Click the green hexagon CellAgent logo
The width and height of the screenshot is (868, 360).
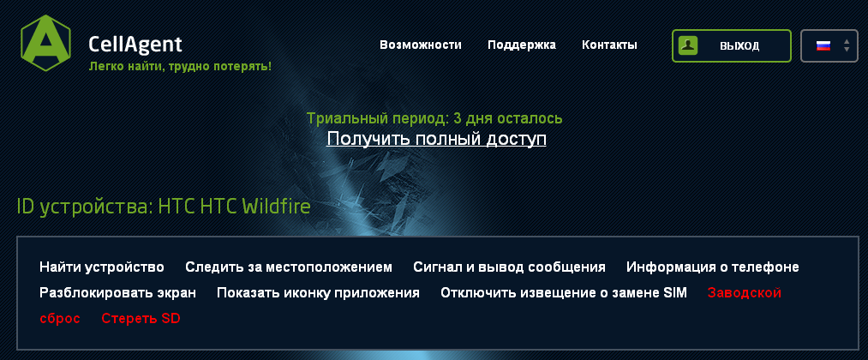(45, 43)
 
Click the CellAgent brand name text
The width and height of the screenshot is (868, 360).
(135, 45)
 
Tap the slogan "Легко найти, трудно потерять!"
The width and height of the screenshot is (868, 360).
(180, 67)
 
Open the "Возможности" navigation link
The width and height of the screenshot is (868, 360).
(420, 45)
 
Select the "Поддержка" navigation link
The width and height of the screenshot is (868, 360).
(522, 45)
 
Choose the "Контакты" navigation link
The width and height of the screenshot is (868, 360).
(609, 45)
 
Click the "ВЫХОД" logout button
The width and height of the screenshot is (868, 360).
(731, 45)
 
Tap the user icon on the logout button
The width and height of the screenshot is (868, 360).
(688, 45)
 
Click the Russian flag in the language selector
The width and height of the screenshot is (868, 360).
(823, 45)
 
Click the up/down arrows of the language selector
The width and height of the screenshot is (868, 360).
(847, 45)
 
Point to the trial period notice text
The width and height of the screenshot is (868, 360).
(434, 118)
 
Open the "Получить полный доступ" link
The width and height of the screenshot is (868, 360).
(436, 139)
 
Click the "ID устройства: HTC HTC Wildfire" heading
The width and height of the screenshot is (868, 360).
(164, 207)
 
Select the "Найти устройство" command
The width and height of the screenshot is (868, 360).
(102, 267)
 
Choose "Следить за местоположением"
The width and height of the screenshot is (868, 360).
(289, 267)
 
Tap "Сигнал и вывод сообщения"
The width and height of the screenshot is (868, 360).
(509, 267)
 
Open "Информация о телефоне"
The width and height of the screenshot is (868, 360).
(712, 267)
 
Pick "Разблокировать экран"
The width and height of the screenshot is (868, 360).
(117, 292)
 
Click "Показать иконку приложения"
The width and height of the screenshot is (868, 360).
(318, 292)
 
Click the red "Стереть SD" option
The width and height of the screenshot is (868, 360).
(141, 319)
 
